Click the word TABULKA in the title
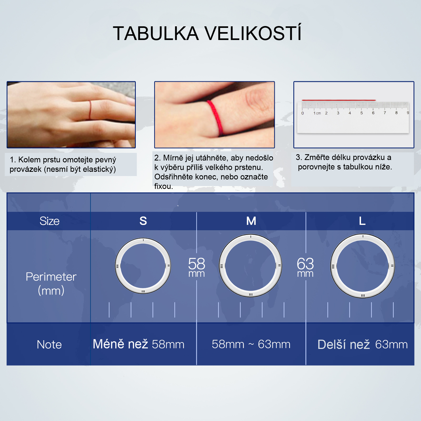click(x=156, y=33)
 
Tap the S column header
click(x=143, y=221)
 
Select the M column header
click(x=251, y=221)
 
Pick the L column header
click(x=362, y=221)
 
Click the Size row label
click(x=49, y=221)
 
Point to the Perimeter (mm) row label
click(x=51, y=284)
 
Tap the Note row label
click(x=49, y=344)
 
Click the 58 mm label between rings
click(x=197, y=267)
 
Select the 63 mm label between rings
click(x=305, y=267)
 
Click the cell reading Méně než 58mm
click(x=139, y=344)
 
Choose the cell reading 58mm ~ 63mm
click(x=251, y=344)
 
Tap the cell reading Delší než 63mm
click(x=363, y=344)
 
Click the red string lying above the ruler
click(x=339, y=100)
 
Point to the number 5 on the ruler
click(x=362, y=113)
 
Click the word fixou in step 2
click(x=163, y=186)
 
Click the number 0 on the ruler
click(x=303, y=113)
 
